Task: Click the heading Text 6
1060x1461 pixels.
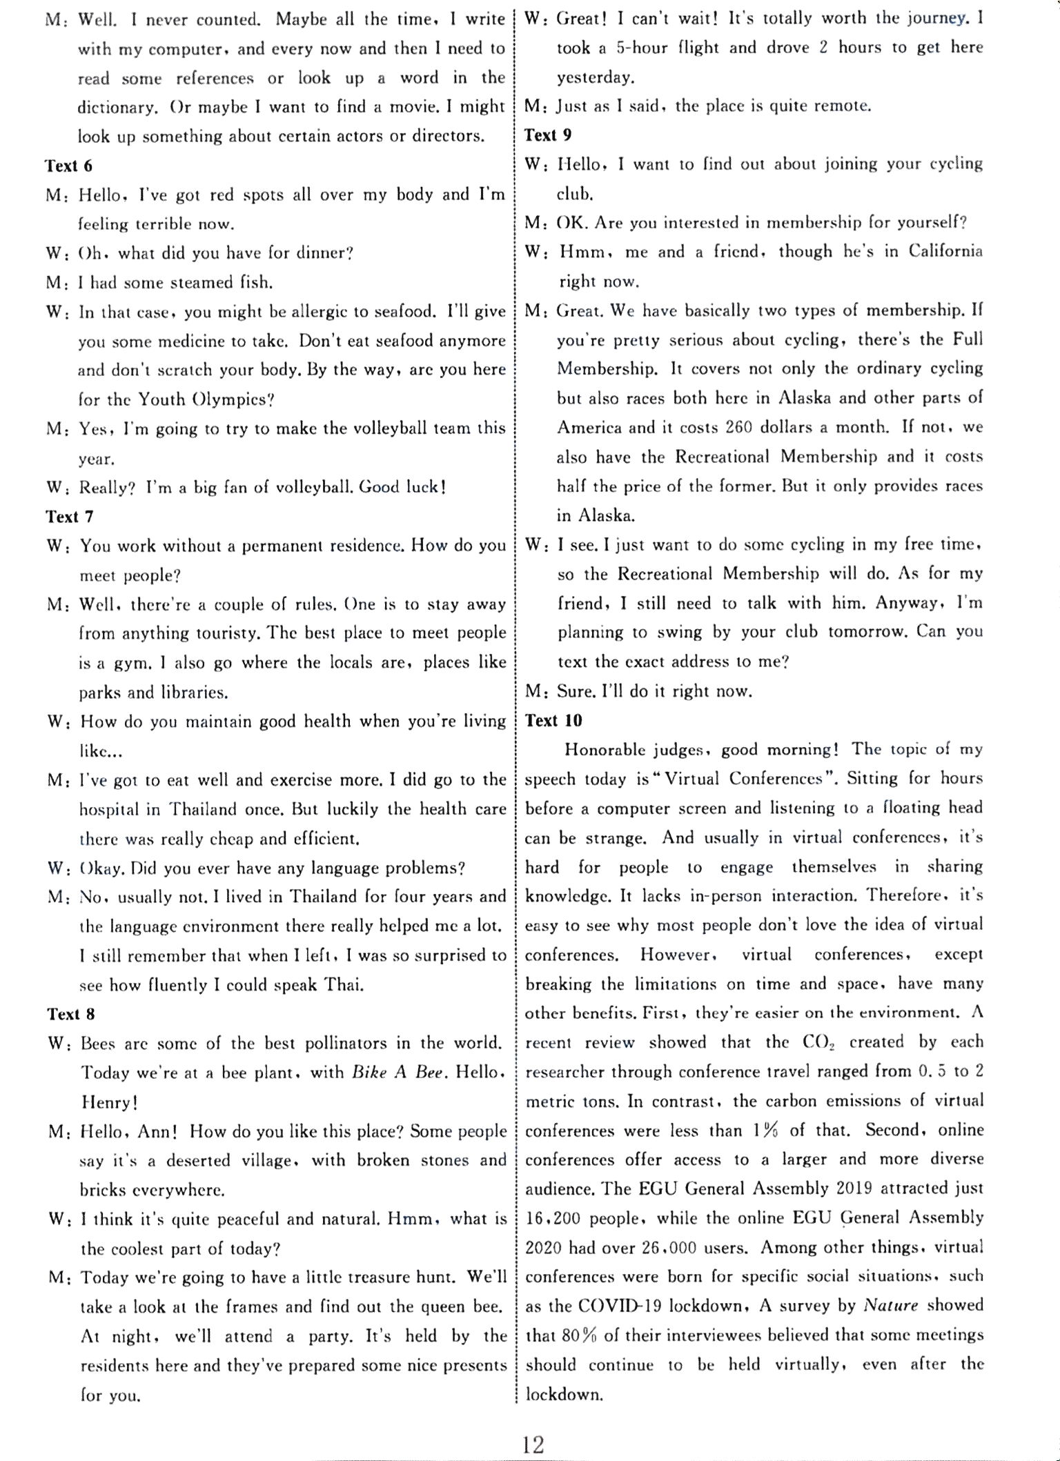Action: (69, 166)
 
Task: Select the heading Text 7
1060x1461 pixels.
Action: (69, 517)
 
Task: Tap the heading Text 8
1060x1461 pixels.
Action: (70, 1014)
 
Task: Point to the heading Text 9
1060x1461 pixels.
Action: (548, 135)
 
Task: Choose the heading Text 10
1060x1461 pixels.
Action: (553, 721)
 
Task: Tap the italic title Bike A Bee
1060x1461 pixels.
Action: (391, 1073)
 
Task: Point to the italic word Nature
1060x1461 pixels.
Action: (890, 1306)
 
